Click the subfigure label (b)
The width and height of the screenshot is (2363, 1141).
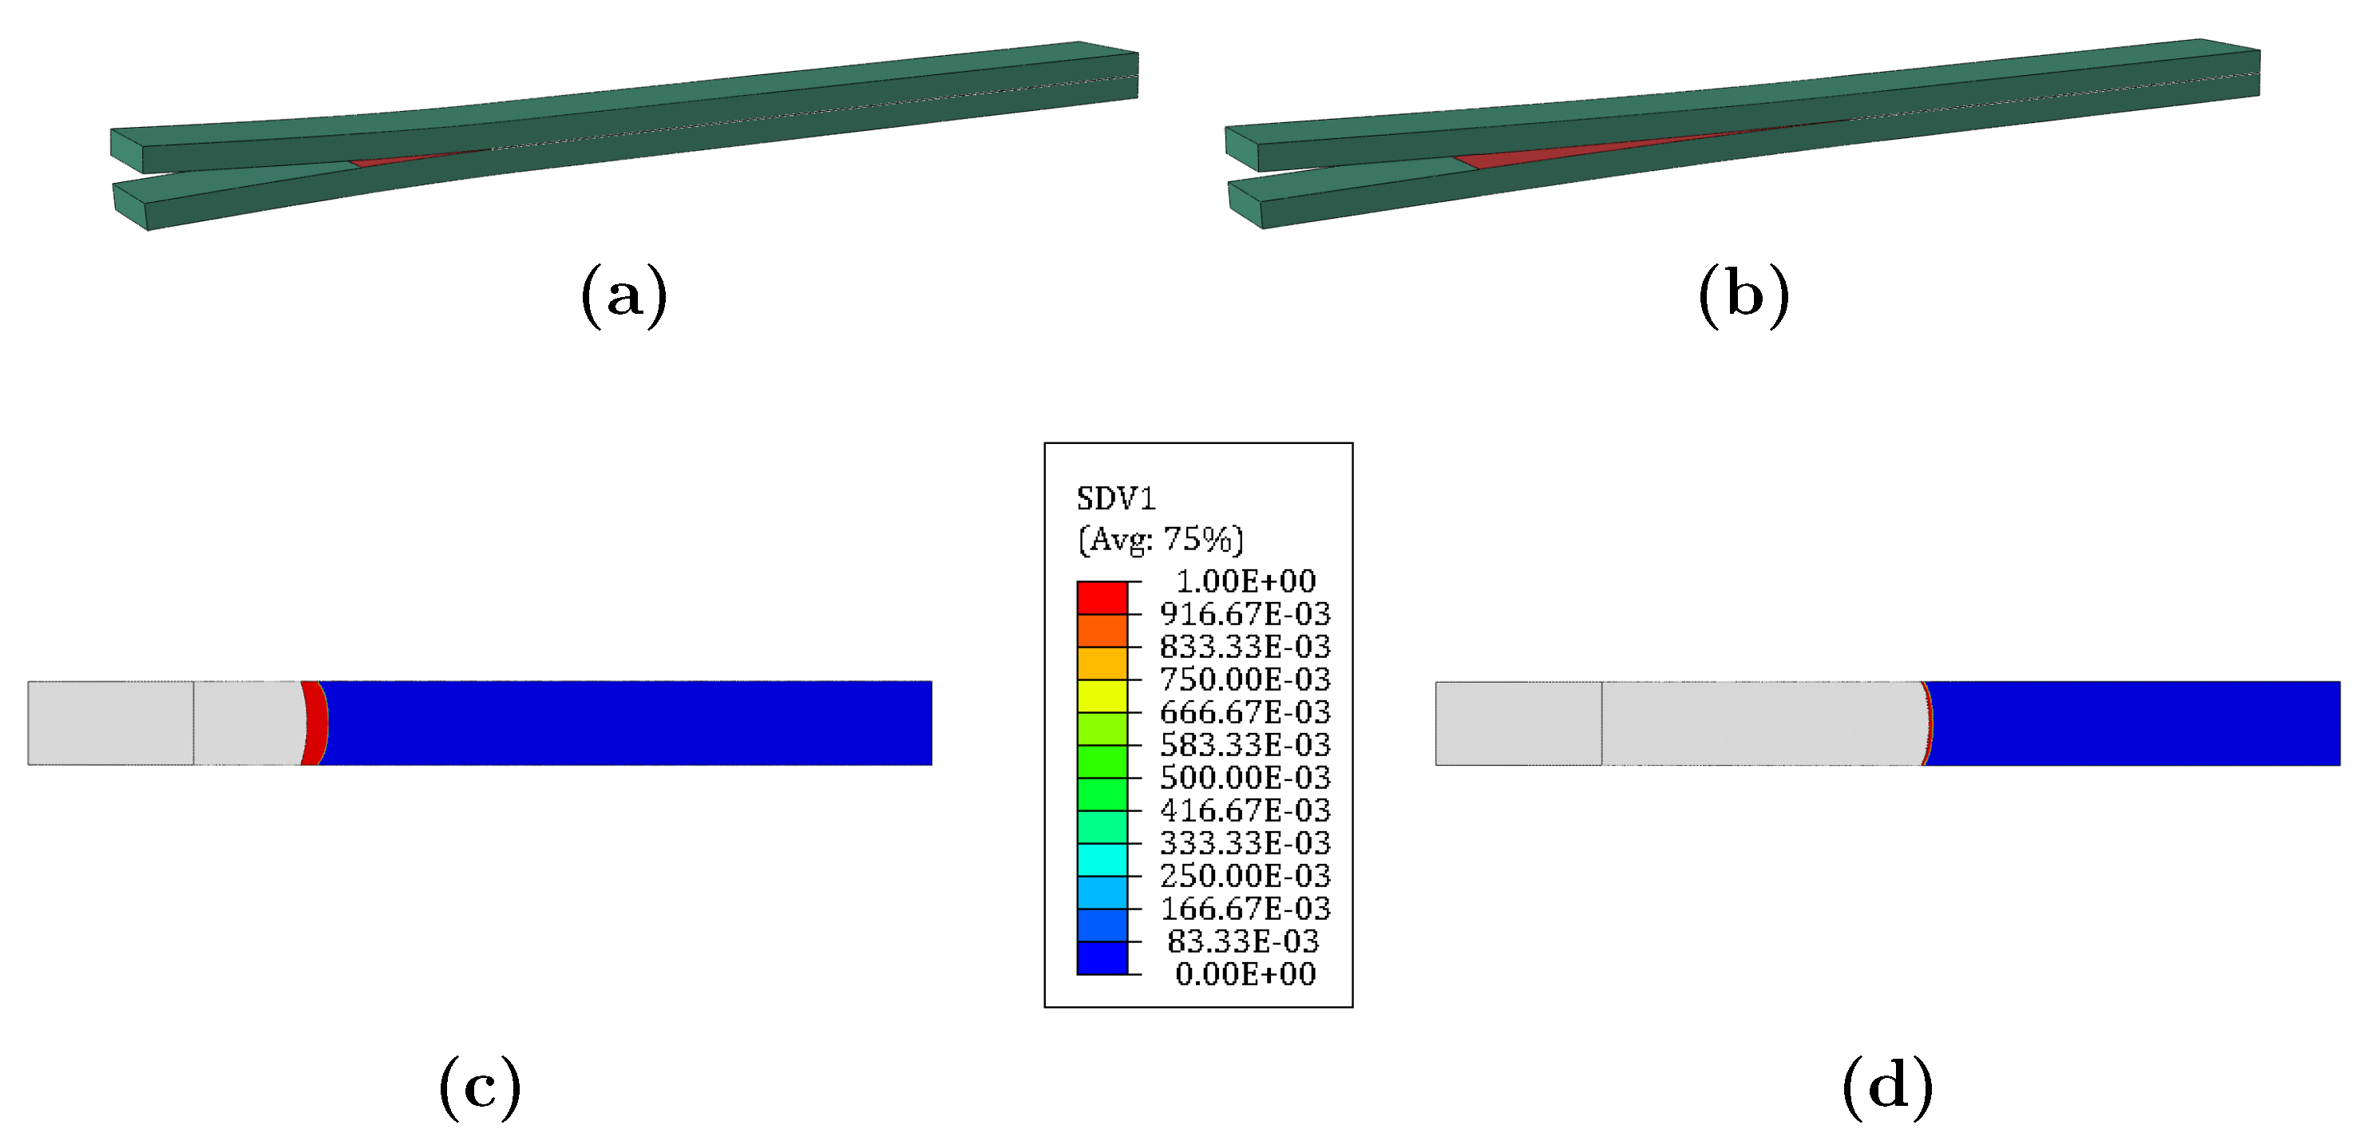click(x=1744, y=295)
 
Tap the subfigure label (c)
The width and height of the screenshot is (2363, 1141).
click(x=480, y=1087)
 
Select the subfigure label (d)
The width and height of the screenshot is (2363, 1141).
click(x=1888, y=1087)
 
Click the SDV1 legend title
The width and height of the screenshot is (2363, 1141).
click(x=1115, y=499)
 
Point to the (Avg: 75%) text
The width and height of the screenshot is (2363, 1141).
click(x=1161, y=539)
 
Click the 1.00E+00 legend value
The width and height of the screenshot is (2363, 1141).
click(x=1245, y=580)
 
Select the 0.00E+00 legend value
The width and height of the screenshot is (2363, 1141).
click(x=1245, y=974)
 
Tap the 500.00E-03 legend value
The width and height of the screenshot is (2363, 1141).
click(x=1245, y=777)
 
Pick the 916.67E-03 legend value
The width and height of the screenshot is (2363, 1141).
click(x=1245, y=613)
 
